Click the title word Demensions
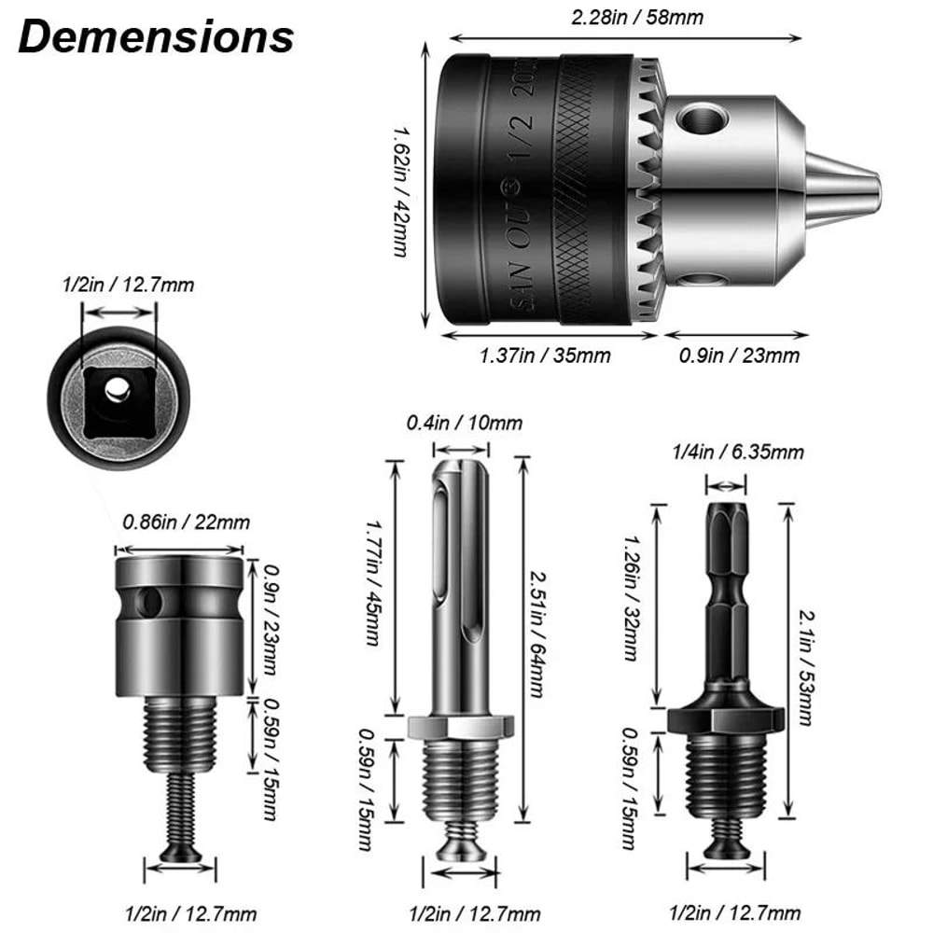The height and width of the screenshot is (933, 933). click(x=156, y=38)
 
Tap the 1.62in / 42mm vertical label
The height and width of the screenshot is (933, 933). click(x=401, y=191)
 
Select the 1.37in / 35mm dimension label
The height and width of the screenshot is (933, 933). click(x=545, y=355)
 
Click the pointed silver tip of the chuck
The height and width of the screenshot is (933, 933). click(x=854, y=182)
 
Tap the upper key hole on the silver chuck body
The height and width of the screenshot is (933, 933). click(x=702, y=118)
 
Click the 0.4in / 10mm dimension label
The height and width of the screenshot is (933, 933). click(x=464, y=423)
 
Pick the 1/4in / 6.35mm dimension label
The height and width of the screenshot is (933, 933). click(x=737, y=453)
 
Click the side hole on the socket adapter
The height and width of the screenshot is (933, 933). click(x=147, y=603)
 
